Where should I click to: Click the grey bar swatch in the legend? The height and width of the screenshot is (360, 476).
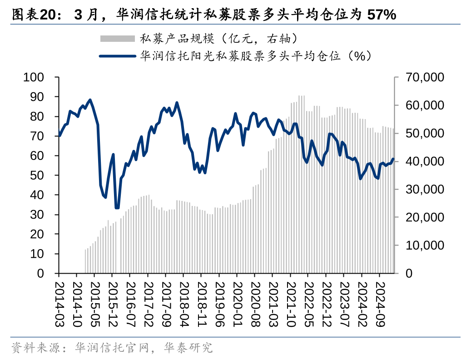117,39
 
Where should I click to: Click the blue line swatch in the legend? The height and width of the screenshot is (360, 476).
117,56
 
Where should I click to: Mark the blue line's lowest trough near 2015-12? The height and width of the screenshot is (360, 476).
117,208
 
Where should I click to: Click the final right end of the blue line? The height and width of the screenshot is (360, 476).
393,159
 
